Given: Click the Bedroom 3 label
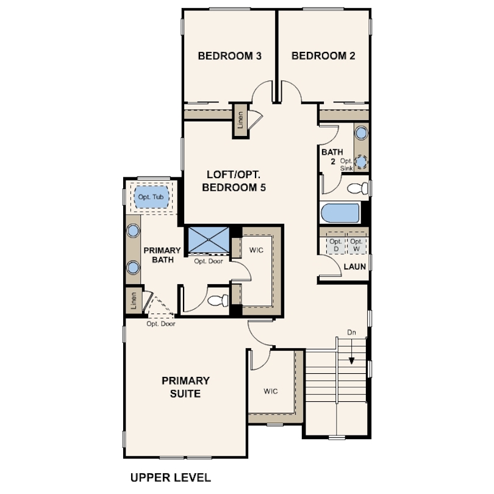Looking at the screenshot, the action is [230, 56].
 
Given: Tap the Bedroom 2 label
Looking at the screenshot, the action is [323, 56].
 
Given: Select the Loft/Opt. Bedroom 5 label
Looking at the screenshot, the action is [234, 181].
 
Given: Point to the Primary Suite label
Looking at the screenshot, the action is [185, 387].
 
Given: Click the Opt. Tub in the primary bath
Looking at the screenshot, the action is [151, 197].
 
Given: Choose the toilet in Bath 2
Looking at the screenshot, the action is [357, 188].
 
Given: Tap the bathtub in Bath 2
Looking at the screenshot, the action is [340, 213].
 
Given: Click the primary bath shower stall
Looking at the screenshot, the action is [209, 240].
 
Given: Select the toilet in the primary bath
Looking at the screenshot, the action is [218, 300].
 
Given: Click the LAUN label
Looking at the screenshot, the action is [355, 267].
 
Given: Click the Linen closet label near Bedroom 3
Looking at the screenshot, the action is [241, 120].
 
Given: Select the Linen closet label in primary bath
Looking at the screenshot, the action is [134, 301].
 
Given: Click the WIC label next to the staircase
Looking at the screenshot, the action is [271, 392].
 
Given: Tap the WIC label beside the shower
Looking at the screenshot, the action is [256, 250].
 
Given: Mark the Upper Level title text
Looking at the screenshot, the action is [171, 478].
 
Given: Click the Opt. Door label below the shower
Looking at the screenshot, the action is [209, 261].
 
